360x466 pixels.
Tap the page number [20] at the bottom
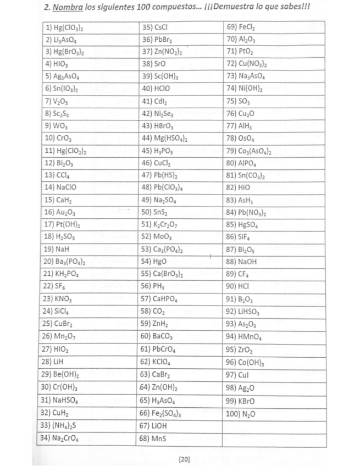pyautogui.click(x=184, y=458)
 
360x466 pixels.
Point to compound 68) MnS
pyautogui.click(x=153, y=438)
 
